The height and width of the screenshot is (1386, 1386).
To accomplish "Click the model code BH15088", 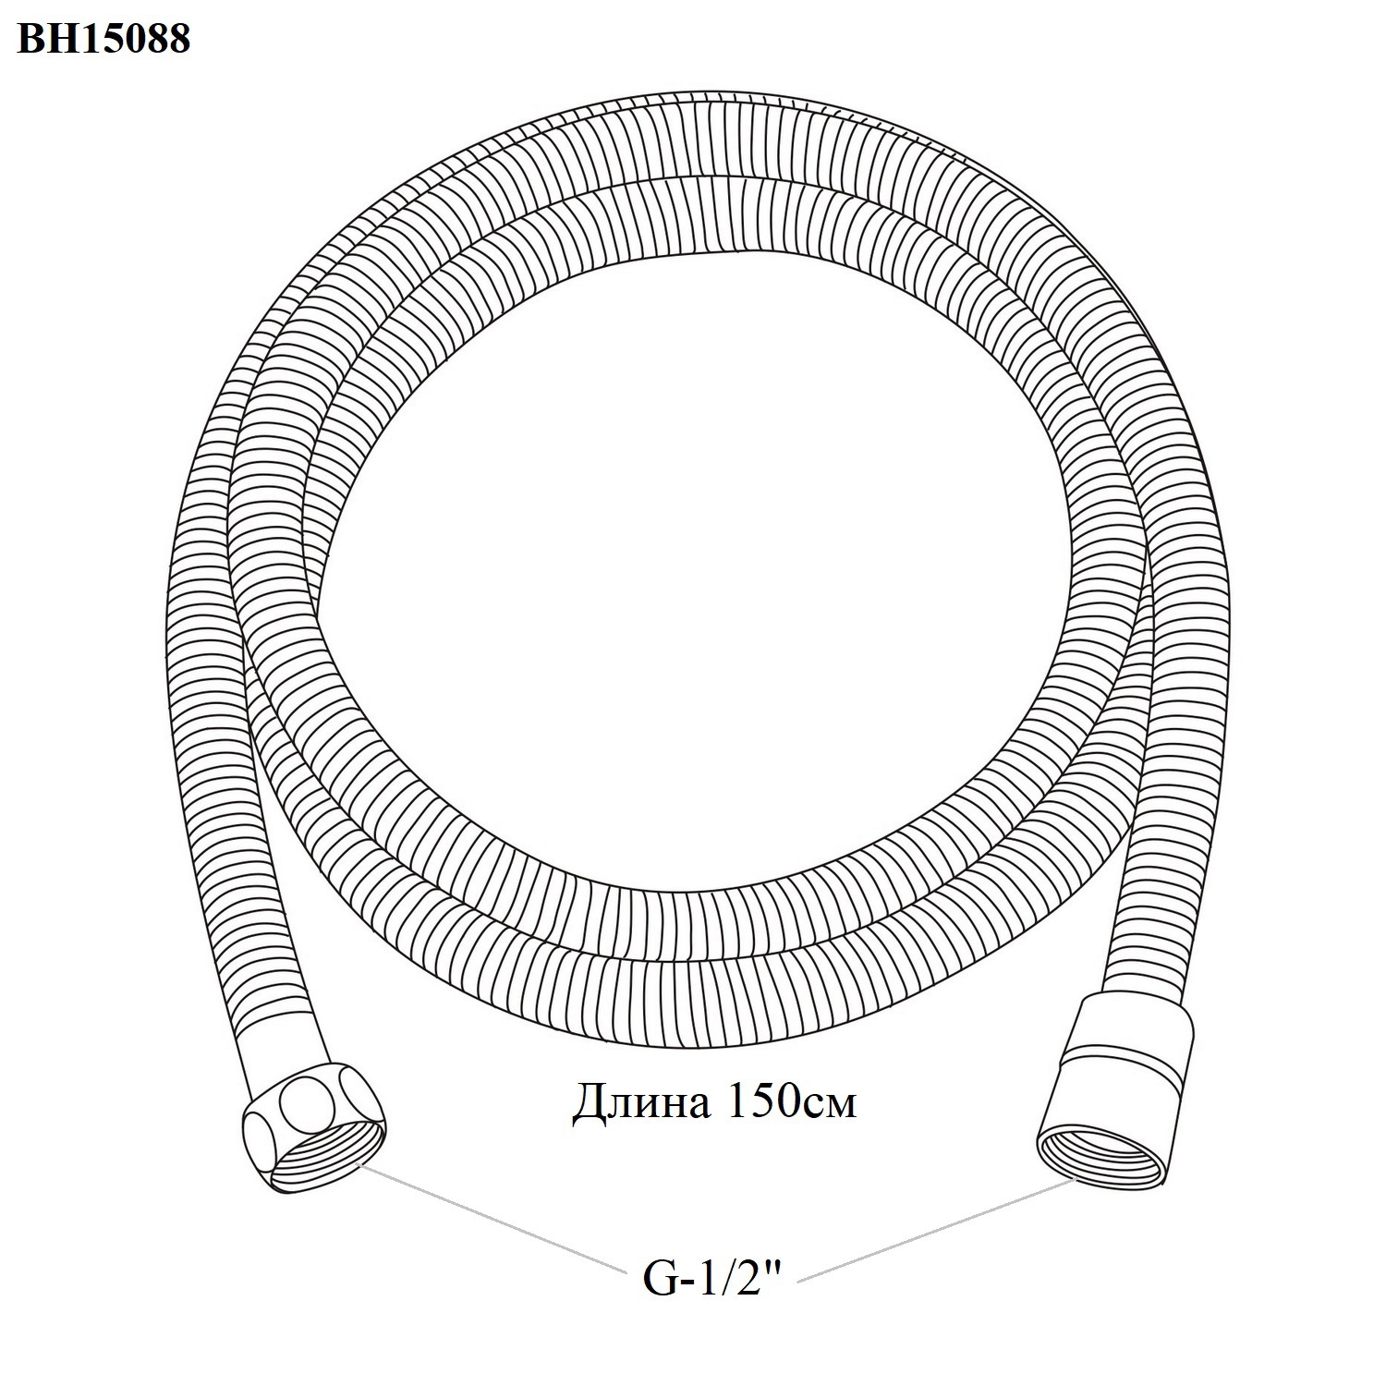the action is click(x=103, y=39).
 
